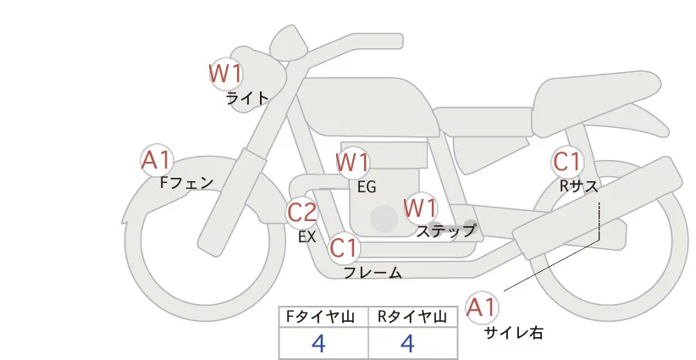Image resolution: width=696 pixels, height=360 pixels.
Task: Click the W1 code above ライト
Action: tap(226, 75)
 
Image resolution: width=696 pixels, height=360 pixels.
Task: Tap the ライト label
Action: tap(247, 98)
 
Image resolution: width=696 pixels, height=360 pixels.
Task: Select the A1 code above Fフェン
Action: tap(157, 159)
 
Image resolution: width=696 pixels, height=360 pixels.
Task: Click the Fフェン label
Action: tap(186, 182)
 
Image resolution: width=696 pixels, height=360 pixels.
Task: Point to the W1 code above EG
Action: tap(352, 162)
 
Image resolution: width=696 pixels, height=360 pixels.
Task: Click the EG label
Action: tap(366, 186)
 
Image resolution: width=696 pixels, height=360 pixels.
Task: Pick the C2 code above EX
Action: tap(302, 212)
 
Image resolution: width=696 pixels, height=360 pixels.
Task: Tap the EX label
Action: tap(307, 237)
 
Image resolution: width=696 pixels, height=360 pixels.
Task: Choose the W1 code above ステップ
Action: tap(420, 207)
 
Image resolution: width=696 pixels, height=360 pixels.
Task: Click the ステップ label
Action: tap(445, 230)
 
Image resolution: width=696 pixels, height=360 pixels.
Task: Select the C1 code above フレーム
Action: tap(345, 248)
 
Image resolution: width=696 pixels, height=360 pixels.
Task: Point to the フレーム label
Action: tap(373, 273)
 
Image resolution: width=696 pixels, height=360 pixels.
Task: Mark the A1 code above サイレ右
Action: tap(483, 307)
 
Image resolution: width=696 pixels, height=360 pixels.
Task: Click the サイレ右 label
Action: tap(513, 333)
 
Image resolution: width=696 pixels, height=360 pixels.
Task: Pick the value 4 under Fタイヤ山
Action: tap(318, 344)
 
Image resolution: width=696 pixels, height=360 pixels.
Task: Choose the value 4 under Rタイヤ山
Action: tap(407, 344)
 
